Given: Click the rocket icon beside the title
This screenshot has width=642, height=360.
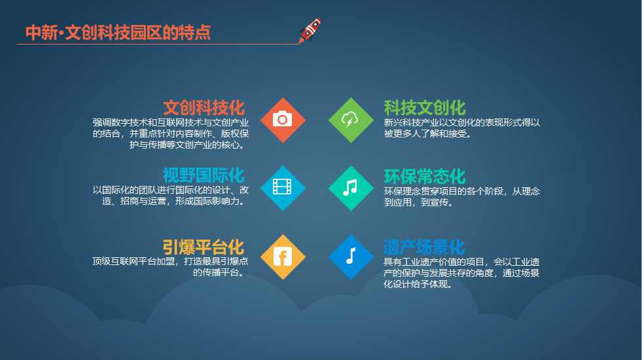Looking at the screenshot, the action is [310, 31].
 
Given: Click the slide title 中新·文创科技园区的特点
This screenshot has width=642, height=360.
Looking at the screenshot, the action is [118, 33].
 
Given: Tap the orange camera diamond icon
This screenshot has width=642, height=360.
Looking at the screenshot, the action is [283, 120].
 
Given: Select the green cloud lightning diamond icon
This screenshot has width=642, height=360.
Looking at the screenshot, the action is [351, 120].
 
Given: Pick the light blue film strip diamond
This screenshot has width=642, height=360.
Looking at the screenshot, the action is [283, 188].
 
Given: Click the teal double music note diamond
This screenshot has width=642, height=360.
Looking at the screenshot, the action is [351, 188].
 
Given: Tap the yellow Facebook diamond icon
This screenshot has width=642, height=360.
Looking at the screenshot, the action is [283, 257].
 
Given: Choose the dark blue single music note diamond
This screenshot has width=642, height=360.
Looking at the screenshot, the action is [351, 257].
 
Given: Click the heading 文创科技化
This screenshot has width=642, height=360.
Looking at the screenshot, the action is [204, 108].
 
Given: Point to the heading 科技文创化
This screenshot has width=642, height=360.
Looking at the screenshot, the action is [425, 108].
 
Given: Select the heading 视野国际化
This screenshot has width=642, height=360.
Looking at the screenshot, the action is [204, 175].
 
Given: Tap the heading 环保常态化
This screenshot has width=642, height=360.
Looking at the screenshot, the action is [425, 177].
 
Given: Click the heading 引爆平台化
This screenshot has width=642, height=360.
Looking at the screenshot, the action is [204, 247].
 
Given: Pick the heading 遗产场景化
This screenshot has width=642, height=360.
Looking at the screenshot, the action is [424, 247].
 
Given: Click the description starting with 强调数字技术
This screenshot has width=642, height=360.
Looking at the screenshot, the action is [171, 134].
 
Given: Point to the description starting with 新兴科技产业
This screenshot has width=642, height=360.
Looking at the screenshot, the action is [462, 128].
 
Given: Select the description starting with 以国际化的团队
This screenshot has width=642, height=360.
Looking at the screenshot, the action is [171, 195].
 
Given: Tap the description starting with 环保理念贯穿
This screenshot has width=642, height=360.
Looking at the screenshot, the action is [462, 196].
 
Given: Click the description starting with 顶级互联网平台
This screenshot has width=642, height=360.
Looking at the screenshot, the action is [170, 266].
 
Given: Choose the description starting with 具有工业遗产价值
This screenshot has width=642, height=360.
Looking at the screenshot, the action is [461, 273].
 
